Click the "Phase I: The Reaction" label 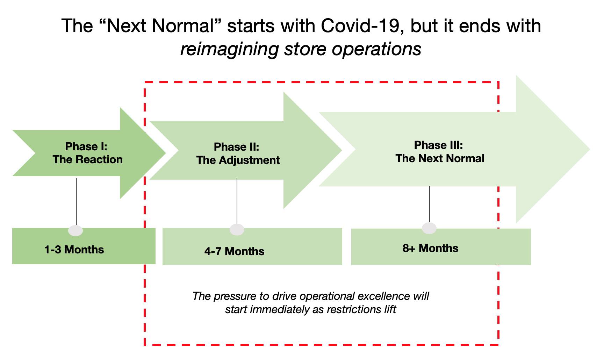point(87,153)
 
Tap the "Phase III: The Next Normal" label point(439,152)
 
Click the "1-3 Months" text point(74,250)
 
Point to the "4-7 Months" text point(234,251)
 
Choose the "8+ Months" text point(430,248)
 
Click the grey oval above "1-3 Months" point(76,230)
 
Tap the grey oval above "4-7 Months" point(237,230)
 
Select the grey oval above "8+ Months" point(429,228)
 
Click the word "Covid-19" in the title point(360,26)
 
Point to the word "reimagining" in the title point(229,49)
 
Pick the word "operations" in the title point(376,49)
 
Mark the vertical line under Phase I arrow point(76,201)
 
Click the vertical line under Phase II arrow point(237,201)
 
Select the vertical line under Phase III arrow point(429,204)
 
